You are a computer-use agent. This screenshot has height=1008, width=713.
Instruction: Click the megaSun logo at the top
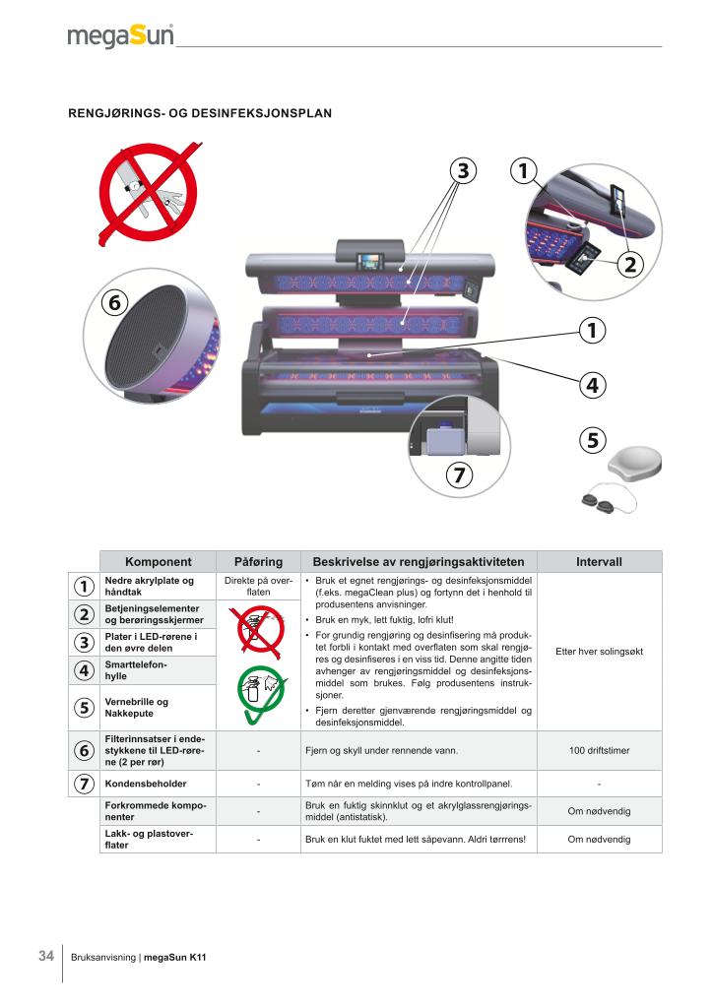tap(120, 36)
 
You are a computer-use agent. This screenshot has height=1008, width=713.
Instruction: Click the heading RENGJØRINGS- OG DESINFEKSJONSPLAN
tap(200, 113)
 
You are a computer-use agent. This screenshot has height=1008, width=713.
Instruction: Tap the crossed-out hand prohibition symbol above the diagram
tap(149, 193)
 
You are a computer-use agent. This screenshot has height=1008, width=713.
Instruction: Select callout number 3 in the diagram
tap(463, 171)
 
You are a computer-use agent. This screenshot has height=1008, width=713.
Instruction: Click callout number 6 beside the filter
tap(115, 302)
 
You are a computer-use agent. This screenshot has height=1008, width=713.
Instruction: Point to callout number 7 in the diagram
tap(459, 475)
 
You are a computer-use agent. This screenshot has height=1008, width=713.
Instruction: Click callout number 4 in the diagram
tap(592, 385)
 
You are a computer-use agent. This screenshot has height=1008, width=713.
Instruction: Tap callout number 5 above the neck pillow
tap(593, 440)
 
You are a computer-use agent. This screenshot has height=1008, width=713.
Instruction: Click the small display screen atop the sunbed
tap(369, 262)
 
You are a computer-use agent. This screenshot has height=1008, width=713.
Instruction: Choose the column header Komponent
tap(159, 562)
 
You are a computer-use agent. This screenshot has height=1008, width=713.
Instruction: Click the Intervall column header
tap(599, 562)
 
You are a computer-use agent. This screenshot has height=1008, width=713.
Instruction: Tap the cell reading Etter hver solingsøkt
tap(599, 652)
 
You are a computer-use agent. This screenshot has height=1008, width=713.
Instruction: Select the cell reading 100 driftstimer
tap(599, 750)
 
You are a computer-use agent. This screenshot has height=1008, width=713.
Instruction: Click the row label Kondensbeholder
tap(146, 784)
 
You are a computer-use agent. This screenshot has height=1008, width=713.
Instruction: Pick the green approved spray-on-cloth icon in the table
tap(260, 693)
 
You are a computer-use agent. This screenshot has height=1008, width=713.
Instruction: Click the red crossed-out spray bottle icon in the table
tap(260, 633)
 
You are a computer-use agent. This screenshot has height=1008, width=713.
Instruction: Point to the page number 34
tap(46, 956)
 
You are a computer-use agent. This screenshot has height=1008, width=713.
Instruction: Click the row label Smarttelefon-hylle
tap(136, 670)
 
